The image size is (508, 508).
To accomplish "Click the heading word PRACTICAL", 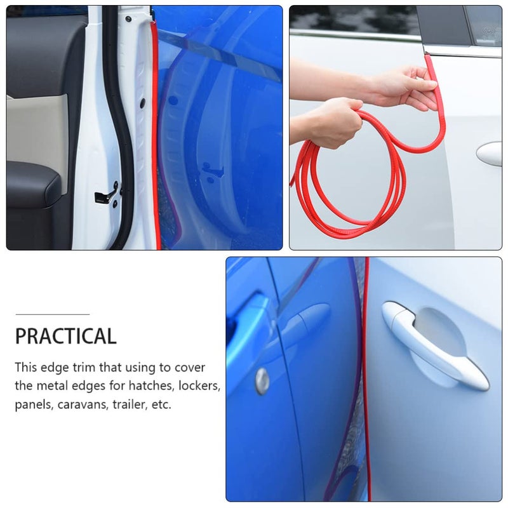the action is click(66, 336).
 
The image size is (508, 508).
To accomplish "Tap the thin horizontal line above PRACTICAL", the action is click(53, 314).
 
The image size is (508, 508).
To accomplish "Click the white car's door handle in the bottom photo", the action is click(434, 345).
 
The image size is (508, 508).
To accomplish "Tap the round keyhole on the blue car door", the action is click(262, 381).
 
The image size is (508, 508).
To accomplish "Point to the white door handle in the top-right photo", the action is click(489, 154).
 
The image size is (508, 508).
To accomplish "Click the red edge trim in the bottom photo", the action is click(367, 379).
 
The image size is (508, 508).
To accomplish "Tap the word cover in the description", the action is click(189, 368).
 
